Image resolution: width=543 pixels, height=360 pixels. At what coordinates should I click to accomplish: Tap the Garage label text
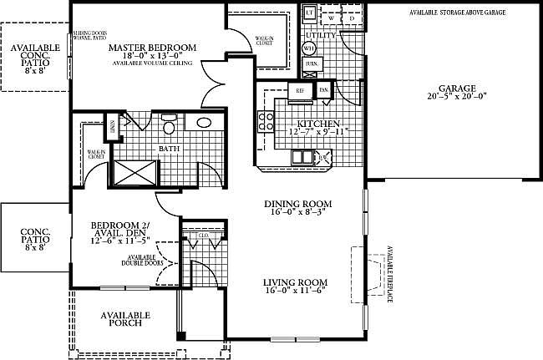(457, 88)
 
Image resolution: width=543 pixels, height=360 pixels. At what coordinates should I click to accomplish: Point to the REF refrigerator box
(298, 90)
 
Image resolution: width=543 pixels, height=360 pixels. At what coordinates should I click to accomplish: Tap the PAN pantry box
(322, 90)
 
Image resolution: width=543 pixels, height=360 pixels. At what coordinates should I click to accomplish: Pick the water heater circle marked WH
(308, 48)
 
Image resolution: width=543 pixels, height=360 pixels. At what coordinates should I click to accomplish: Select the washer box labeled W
(332, 17)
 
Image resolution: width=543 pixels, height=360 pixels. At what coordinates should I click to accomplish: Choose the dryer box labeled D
(351, 17)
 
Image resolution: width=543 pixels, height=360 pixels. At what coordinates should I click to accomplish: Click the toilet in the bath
(168, 126)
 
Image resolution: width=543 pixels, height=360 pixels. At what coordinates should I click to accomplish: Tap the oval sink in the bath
(204, 124)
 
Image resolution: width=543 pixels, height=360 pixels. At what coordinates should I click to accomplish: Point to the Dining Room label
(298, 204)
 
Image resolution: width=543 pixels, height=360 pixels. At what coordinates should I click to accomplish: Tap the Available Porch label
(125, 319)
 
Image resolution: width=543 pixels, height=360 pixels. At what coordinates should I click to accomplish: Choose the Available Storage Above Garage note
(456, 13)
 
